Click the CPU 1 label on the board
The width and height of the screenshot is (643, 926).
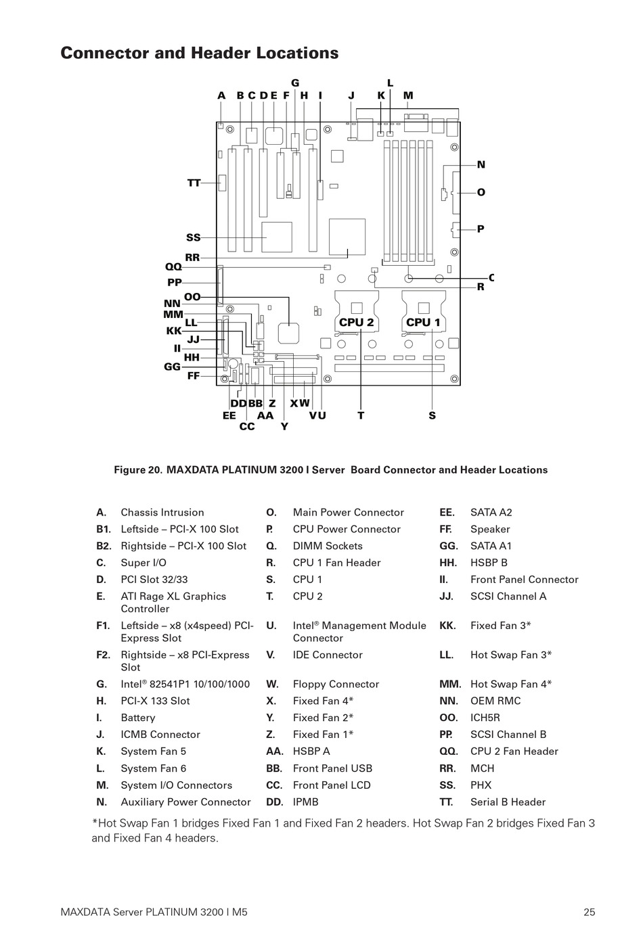click(x=423, y=323)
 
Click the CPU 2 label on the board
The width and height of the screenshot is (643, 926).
click(x=356, y=323)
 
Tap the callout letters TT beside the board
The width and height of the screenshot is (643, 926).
click(x=194, y=183)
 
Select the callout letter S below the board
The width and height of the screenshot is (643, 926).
click(x=432, y=415)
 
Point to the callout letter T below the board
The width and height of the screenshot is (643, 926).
click(x=361, y=415)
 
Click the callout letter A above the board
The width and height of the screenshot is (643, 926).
click(x=221, y=95)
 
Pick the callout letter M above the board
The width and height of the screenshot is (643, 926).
click(x=408, y=95)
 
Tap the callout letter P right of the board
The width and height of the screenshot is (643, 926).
click(x=481, y=229)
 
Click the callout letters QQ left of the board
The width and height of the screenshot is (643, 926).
click(x=173, y=267)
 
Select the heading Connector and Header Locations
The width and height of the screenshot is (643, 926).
click(x=200, y=53)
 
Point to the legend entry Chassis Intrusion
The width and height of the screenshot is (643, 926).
click(x=162, y=513)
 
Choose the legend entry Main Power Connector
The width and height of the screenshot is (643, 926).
click(x=348, y=513)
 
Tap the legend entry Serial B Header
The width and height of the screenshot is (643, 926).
click(x=508, y=802)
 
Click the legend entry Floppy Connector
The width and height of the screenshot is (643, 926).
click(x=336, y=685)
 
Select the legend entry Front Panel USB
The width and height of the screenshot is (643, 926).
click(x=332, y=768)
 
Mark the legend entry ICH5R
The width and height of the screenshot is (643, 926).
click(x=485, y=718)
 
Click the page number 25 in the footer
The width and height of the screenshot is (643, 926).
click(x=589, y=912)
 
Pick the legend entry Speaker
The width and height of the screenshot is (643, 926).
click(x=490, y=530)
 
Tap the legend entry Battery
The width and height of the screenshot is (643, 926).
click(x=138, y=718)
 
